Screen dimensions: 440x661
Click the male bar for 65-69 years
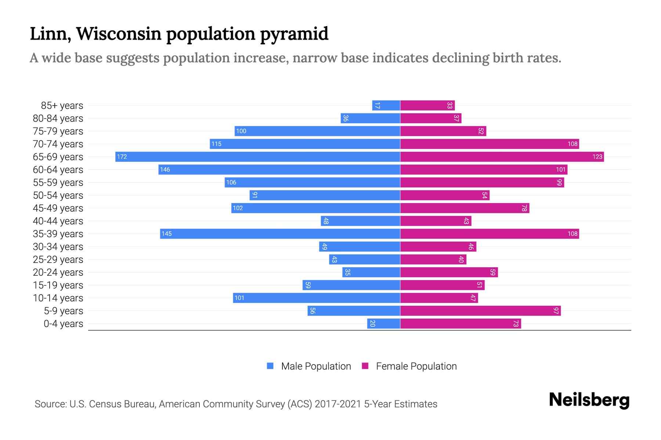click(x=257, y=157)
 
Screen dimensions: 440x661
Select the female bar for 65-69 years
click(x=502, y=157)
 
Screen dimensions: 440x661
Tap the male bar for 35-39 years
click(x=280, y=234)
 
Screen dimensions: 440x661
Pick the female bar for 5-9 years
click(x=480, y=311)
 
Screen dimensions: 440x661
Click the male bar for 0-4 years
click(x=383, y=324)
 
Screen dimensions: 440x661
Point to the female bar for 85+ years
click(x=427, y=106)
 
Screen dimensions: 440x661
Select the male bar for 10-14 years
click(x=316, y=298)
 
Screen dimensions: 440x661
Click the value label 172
click(x=122, y=157)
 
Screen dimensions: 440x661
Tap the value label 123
click(x=597, y=157)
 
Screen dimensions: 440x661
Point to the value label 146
click(x=165, y=170)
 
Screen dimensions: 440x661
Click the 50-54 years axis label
click(x=58, y=195)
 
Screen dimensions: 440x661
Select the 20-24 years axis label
click(x=58, y=272)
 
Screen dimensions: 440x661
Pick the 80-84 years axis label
click(x=58, y=118)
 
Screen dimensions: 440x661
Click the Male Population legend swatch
click(x=270, y=366)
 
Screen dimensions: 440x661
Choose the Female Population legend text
click(x=416, y=366)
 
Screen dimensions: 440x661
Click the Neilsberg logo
click(x=589, y=400)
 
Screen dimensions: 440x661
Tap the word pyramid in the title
click(x=294, y=34)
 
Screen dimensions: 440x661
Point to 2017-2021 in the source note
click(x=338, y=404)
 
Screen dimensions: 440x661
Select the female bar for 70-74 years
click(x=490, y=144)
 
